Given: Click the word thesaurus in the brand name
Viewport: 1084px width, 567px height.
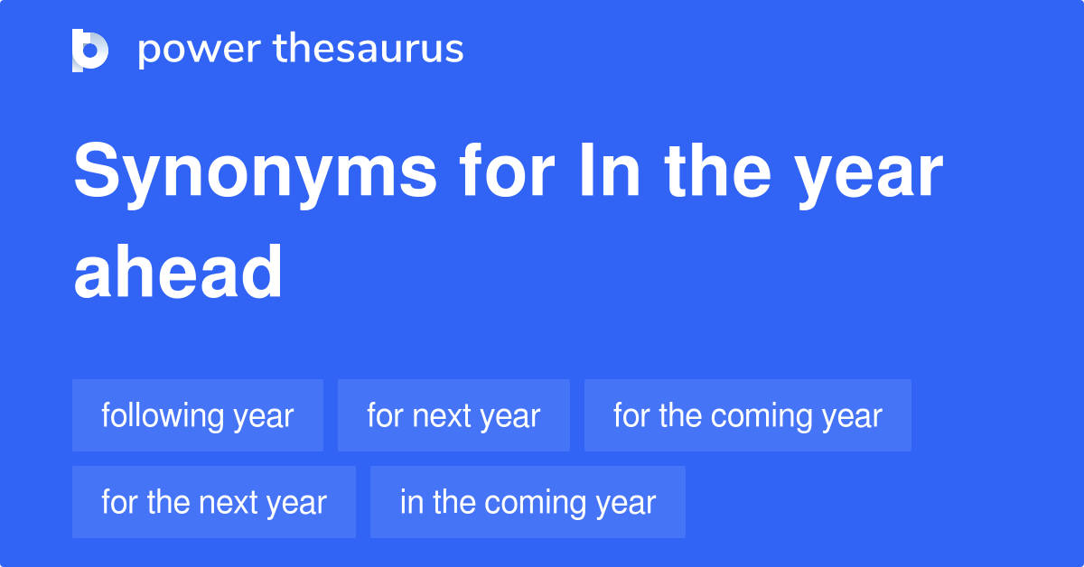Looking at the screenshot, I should click(369, 50).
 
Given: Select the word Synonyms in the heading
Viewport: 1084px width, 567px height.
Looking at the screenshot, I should click(255, 173).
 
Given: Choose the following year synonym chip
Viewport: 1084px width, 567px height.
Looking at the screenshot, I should click(198, 415).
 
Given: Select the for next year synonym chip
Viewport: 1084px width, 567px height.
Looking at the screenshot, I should click(453, 415).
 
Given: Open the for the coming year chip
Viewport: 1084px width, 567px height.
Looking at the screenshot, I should click(747, 415).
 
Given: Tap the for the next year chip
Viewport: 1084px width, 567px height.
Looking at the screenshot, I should click(213, 502).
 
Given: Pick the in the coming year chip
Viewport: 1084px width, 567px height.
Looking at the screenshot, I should click(528, 502).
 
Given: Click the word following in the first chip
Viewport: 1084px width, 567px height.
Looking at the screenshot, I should click(162, 416).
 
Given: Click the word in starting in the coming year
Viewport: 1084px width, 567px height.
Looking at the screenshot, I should click(411, 502).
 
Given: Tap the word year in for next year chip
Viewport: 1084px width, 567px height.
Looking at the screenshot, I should click(509, 416).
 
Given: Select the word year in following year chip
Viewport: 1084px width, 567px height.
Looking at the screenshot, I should click(263, 416).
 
